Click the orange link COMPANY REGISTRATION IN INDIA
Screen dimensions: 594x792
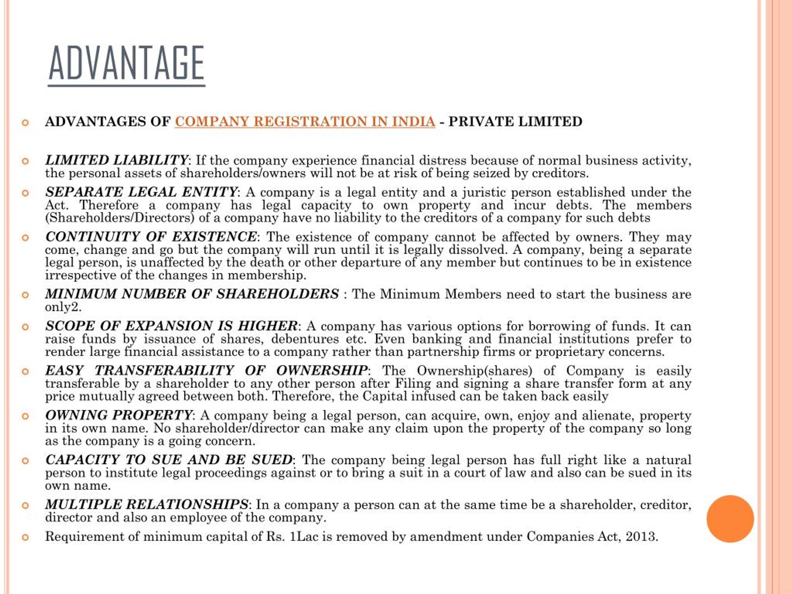point(305,122)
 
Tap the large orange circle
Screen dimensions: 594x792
point(730,519)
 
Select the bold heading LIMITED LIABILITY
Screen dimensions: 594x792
point(116,160)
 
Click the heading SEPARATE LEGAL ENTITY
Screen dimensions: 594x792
point(141,192)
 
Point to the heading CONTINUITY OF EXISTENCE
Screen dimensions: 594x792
point(151,237)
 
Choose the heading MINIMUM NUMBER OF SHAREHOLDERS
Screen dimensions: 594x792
point(192,294)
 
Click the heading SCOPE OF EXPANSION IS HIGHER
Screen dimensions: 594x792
point(171,326)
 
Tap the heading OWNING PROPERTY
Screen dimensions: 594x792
point(119,415)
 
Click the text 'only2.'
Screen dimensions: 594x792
point(63,307)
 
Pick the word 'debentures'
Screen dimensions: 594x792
point(305,339)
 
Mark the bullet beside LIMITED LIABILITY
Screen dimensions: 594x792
point(25,161)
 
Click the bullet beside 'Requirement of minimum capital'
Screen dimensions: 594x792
point(25,537)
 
